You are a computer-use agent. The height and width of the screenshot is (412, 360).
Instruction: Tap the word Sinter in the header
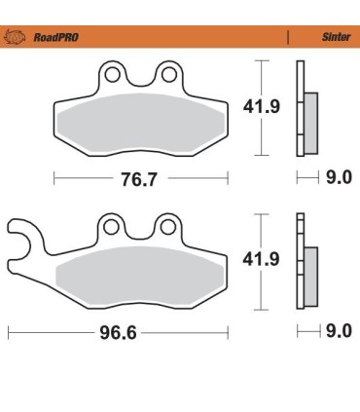click(x=336, y=38)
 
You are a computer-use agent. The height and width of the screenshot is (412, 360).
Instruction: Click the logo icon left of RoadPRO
click(x=16, y=38)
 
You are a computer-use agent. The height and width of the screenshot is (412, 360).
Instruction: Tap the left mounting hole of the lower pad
click(x=114, y=228)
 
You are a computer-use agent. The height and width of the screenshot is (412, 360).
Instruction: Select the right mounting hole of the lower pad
click(x=167, y=228)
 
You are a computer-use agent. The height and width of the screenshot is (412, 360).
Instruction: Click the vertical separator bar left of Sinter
click(x=288, y=38)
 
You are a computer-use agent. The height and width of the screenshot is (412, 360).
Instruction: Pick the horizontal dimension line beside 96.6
click(x=58, y=332)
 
